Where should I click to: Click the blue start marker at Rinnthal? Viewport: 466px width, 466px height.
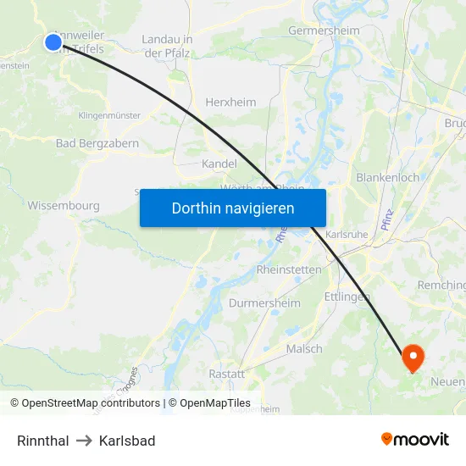coord(53,42)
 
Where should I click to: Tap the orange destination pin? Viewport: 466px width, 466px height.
coord(413,356)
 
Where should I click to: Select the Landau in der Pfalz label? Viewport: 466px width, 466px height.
coord(167,46)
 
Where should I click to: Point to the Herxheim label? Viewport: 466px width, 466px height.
coord(230,103)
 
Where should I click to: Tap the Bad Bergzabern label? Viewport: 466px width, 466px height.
coord(97,143)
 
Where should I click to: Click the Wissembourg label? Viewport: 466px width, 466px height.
coord(64,206)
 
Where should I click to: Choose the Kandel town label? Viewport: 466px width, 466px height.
coord(219,164)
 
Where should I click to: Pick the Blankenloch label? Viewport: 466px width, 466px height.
coord(387,178)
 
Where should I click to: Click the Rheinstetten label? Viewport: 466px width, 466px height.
coord(289,269)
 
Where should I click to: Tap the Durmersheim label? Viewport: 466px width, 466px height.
coord(264,303)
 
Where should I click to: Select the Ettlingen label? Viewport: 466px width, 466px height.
coord(347,297)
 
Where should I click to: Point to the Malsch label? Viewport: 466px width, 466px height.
coord(304,348)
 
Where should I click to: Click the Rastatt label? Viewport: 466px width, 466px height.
coord(227,374)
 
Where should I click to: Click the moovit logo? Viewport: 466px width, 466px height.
coord(414,439)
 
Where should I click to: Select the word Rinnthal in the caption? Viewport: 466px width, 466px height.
coord(43,441)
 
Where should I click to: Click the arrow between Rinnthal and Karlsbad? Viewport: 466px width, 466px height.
coord(84,441)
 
